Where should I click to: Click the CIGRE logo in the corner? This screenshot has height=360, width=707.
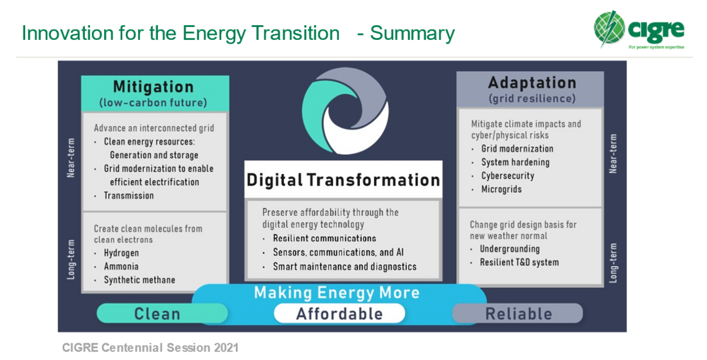pyautogui.click(x=640, y=30)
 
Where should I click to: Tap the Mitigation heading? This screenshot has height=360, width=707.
pyautogui.click(x=154, y=86)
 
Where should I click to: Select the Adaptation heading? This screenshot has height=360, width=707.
pyautogui.click(x=532, y=82)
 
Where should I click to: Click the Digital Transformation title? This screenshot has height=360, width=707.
pyautogui.click(x=343, y=180)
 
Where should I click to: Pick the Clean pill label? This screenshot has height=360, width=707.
pyautogui.click(x=157, y=314)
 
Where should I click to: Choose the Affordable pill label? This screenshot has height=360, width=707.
pyautogui.click(x=339, y=314)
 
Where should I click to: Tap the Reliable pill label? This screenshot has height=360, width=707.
pyautogui.click(x=519, y=314)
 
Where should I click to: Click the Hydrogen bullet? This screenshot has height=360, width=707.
pyautogui.click(x=121, y=253)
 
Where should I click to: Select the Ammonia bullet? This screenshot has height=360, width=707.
pyautogui.click(x=121, y=266)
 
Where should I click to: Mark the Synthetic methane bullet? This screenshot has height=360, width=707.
pyautogui.click(x=139, y=280)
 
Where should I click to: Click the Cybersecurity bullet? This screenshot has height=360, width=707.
pyautogui.click(x=508, y=176)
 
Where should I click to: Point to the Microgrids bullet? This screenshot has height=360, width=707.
pyautogui.click(x=501, y=189)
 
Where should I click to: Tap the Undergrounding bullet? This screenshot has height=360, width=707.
pyautogui.click(x=510, y=249)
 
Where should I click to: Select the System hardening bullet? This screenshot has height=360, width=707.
pyautogui.click(x=515, y=163)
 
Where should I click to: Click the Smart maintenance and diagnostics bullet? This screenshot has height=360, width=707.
pyautogui.click(x=345, y=267)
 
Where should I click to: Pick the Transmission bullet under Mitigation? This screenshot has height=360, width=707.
pyautogui.click(x=129, y=195)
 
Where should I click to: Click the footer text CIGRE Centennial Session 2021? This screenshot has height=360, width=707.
pyautogui.click(x=150, y=348)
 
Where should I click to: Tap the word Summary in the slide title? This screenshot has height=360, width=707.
pyautogui.click(x=413, y=33)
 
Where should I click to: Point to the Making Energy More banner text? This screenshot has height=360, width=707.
pyautogui.click(x=337, y=292)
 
